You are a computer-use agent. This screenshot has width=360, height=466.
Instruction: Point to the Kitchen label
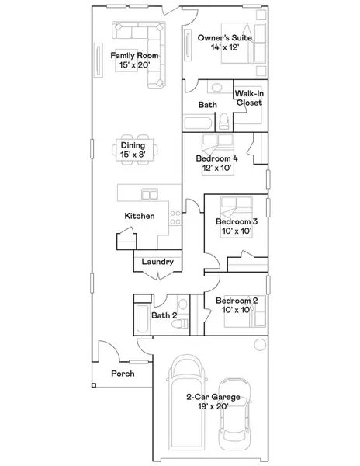(140, 216)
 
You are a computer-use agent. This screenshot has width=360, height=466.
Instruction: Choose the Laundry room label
(157, 263)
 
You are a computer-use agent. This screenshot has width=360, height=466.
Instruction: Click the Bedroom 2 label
(237, 301)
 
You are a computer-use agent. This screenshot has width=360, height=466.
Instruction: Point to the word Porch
(123, 374)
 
